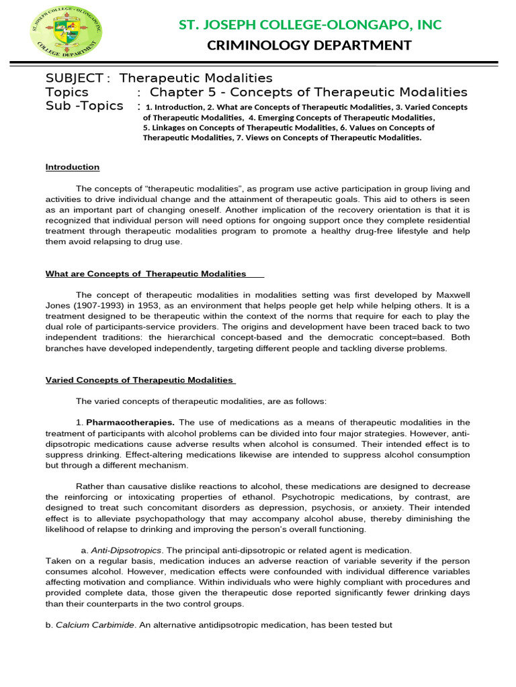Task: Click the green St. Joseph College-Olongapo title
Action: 310,25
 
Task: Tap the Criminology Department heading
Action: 310,46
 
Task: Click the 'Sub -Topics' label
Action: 84,106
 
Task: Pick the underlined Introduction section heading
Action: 72,167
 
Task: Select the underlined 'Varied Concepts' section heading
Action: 139,380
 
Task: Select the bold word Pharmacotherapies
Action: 130,423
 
